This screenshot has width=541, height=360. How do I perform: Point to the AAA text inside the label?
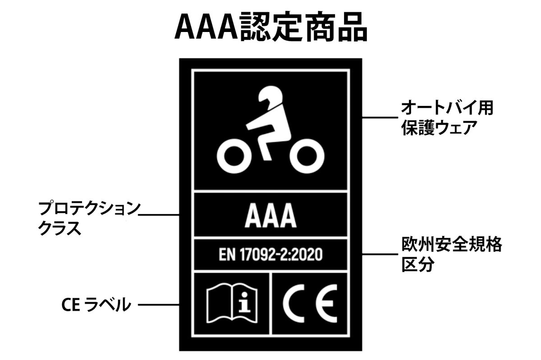pos(270,217)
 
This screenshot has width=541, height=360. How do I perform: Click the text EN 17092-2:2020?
pos(270,255)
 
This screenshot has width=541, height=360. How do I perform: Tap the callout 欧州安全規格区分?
pos(451,255)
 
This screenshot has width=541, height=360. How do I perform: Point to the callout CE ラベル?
pos(96,305)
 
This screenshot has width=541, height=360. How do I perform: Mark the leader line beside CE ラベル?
pos(158,305)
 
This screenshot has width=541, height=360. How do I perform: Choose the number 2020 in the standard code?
pos(308,255)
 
